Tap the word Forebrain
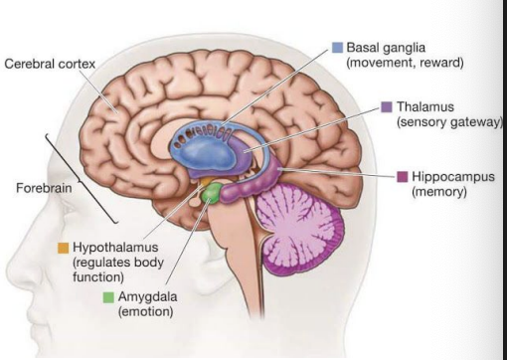pos(40,186)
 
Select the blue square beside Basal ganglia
pos(337,47)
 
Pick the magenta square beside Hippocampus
pos(403,176)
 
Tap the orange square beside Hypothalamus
pos(63,245)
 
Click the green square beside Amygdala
pos(108,296)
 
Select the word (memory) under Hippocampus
pos(438,192)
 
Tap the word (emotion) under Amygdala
pos(146,312)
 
